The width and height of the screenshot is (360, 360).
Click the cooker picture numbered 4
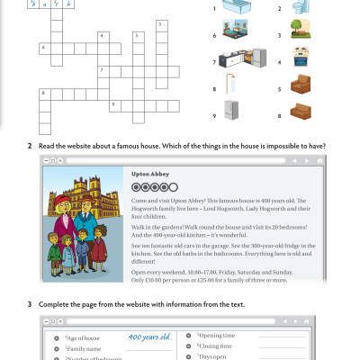coord(303,63)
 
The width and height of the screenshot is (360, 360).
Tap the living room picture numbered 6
coord(237,36)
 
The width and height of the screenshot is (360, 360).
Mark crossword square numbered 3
coord(162,24)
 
